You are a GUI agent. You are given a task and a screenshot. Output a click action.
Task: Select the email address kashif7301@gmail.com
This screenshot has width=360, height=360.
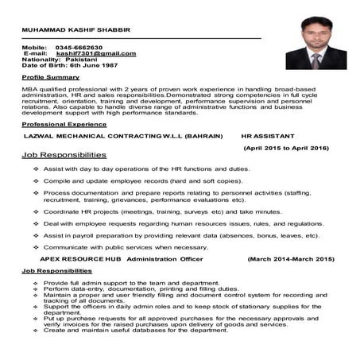90,54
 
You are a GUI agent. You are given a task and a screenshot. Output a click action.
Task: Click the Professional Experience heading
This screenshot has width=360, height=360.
64,125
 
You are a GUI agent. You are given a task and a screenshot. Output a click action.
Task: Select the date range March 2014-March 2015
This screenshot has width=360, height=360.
291,259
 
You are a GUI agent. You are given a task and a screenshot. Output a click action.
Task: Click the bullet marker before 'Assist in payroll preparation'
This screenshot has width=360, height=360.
37,236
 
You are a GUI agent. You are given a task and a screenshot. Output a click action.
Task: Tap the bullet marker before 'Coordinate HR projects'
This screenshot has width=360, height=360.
37,212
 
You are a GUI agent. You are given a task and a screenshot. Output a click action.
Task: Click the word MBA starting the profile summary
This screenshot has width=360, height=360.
30,91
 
